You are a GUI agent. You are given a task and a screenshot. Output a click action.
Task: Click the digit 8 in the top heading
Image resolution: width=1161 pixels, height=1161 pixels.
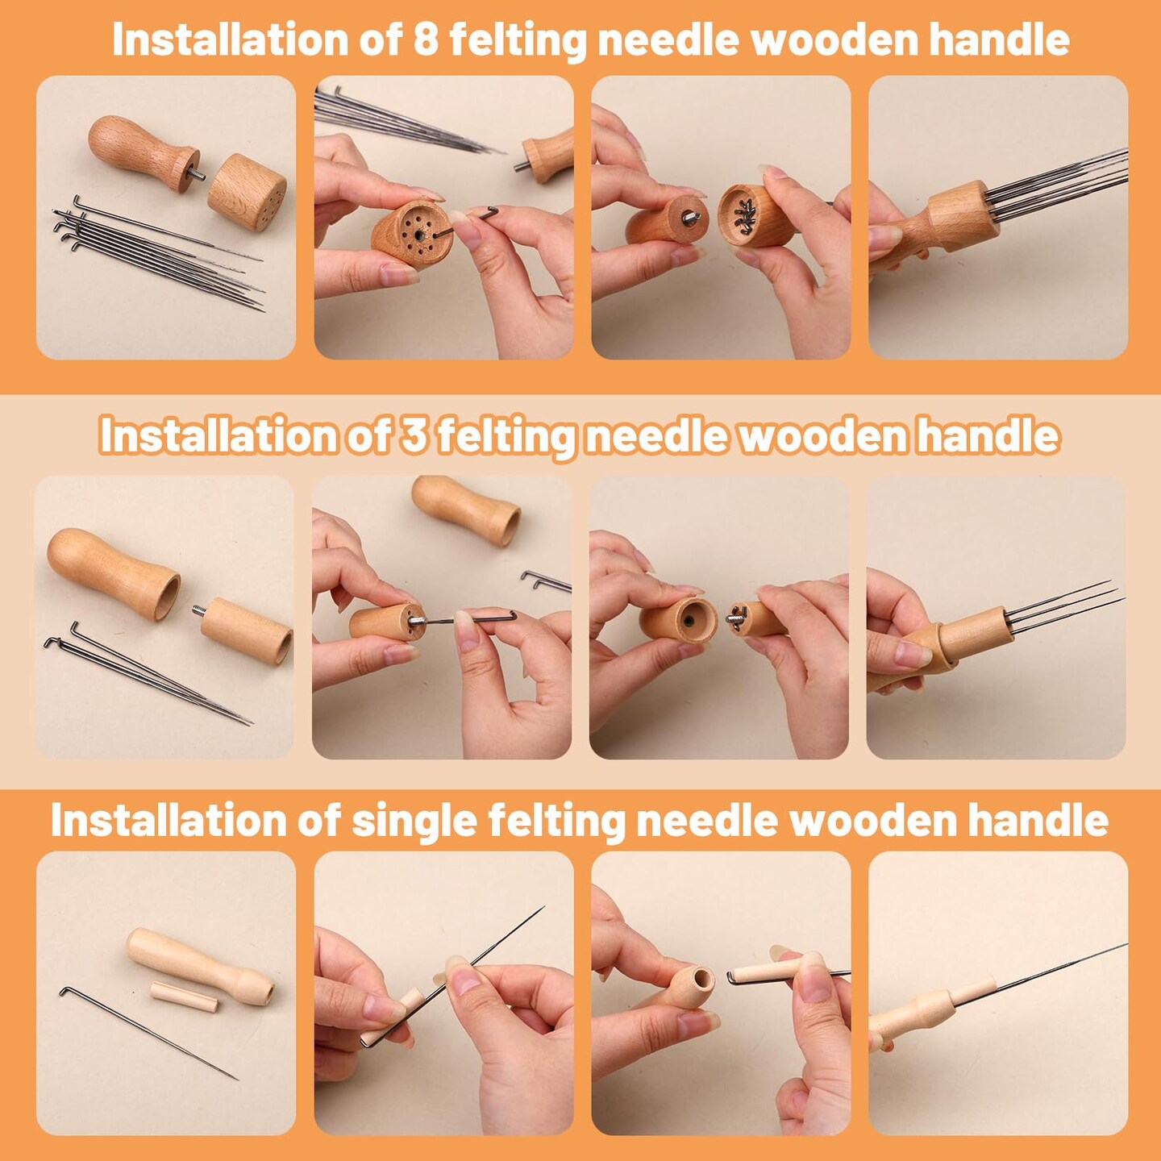[426, 40]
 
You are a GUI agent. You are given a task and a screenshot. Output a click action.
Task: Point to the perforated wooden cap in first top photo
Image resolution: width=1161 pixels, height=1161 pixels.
[247, 192]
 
